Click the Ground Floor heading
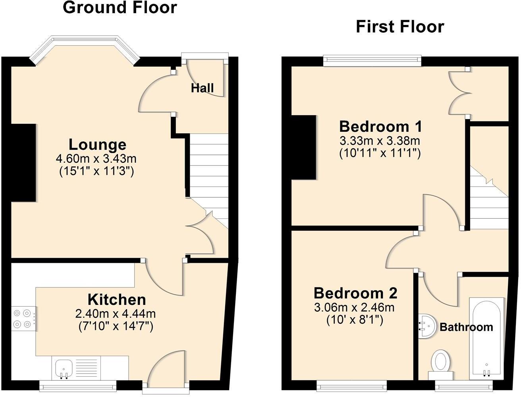pyautogui.click(x=120, y=8)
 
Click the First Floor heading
pyautogui.click(x=399, y=27)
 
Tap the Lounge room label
pyautogui.click(x=97, y=145)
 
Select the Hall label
pyautogui.click(x=202, y=88)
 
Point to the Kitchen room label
pyautogui.click(x=116, y=299)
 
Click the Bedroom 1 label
pyautogui.click(x=380, y=127)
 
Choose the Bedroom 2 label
pyautogui.click(x=355, y=293)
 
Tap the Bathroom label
pyautogui.click(x=466, y=327)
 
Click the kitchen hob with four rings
pyautogui.click(x=23, y=319)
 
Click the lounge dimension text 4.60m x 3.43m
pyautogui.click(x=96, y=159)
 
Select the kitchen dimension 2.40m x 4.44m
pyautogui.click(x=115, y=314)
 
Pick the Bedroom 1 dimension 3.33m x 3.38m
pyautogui.click(x=380, y=141)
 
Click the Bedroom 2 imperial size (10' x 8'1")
pyautogui.click(x=355, y=320)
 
